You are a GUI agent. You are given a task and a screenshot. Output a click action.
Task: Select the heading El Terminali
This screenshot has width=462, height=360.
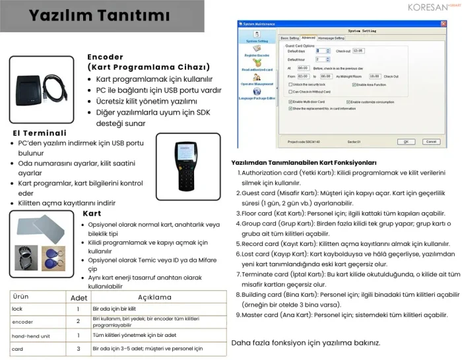40,133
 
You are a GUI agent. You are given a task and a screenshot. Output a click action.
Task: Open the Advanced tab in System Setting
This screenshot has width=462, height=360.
308,38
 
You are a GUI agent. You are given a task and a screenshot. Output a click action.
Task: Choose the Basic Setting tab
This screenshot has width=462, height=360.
290,38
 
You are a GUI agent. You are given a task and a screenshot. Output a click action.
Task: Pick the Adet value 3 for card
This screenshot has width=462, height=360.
78,348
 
